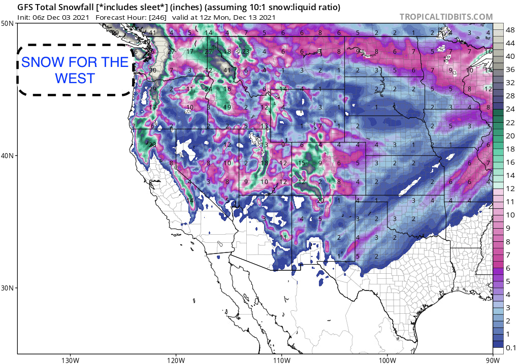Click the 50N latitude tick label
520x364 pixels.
(x=8, y=24)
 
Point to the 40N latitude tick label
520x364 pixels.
(x=8, y=156)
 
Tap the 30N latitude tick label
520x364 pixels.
(x=8, y=288)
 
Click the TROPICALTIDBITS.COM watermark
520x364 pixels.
(x=446, y=17)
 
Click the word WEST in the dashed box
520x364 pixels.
(x=75, y=79)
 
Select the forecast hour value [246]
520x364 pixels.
(x=156, y=17)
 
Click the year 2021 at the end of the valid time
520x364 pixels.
(x=265, y=17)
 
